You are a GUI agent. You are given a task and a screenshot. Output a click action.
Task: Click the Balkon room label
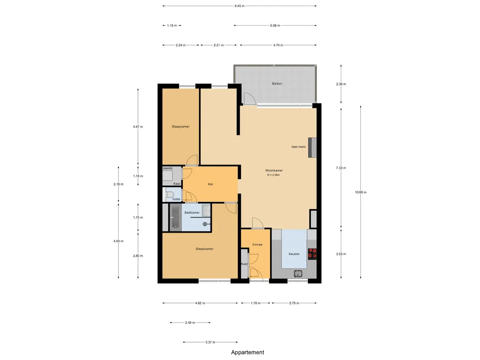tap(277, 83)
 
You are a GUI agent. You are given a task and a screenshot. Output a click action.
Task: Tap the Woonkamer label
tap(274, 171)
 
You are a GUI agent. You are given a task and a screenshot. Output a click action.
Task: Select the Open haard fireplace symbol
tap(312, 148)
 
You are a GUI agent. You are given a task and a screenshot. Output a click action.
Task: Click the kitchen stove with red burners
tap(312, 254)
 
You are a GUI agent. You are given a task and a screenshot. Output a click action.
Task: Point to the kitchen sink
tap(298, 274)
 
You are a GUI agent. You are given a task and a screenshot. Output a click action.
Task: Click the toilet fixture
tap(169, 195)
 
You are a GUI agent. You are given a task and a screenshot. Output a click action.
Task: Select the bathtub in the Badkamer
tap(175, 217)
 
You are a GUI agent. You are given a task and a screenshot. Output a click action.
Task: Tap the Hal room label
tap(210, 184)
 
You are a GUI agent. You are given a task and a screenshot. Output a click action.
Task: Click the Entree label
tap(257, 245)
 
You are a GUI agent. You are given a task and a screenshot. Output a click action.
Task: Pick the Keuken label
tap(294, 254)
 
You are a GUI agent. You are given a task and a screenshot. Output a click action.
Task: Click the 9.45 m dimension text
tap(240, 6)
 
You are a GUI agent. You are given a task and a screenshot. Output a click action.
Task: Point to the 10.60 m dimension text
tap(360, 192)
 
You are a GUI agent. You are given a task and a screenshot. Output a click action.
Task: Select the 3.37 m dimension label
tap(210, 342)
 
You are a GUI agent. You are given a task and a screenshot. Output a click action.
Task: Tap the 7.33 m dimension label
tap(341, 168)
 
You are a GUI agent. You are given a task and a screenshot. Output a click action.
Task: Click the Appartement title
tap(247, 352)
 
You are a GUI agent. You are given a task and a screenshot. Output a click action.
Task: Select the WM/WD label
tap(167, 169)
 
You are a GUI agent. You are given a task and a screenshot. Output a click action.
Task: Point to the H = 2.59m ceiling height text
tap(273, 175)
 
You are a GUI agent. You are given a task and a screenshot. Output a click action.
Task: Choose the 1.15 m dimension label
tap(172, 25)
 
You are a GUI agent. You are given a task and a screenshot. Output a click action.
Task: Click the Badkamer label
tap(192, 212)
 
